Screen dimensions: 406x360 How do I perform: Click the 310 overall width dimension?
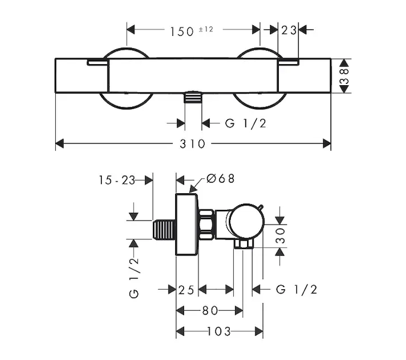click(193, 144)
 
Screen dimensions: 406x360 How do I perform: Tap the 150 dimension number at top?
click(182, 32)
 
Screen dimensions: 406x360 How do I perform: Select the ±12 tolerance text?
click(206, 29)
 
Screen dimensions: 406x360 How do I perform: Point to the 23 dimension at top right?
click(288, 31)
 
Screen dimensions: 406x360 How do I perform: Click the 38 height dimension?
click(344, 76)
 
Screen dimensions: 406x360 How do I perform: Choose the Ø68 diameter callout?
click(220, 178)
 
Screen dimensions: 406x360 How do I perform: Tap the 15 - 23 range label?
click(117, 180)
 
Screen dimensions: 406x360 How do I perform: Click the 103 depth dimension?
click(219, 331)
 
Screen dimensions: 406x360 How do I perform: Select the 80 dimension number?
click(210, 310)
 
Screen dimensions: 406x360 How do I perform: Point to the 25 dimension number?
click(186, 290)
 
